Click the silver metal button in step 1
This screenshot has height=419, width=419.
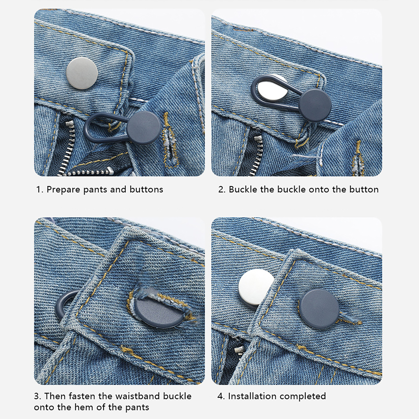(x=82, y=73)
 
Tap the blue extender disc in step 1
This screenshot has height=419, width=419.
(x=144, y=128)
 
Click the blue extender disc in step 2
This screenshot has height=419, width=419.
(x=315, y=105)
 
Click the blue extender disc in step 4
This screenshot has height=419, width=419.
(x=319, y=309)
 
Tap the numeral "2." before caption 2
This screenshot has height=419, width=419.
(x=222, y=189)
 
